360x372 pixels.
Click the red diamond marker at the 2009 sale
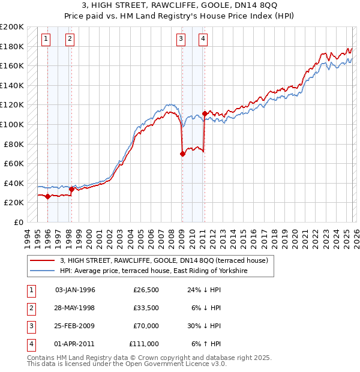click(x=182, y=154)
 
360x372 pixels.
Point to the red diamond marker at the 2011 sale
click(x=205, y=113)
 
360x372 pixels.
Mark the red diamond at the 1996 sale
click(x=47, y=196)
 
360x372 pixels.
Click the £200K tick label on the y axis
click(x=12, y=27)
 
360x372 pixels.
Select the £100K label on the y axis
click(x=12, y=124)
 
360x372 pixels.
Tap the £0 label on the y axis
click(x=18, y=222)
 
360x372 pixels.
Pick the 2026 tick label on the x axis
click(x=356, y=237)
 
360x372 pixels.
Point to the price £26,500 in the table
click(x=146, y=290)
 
